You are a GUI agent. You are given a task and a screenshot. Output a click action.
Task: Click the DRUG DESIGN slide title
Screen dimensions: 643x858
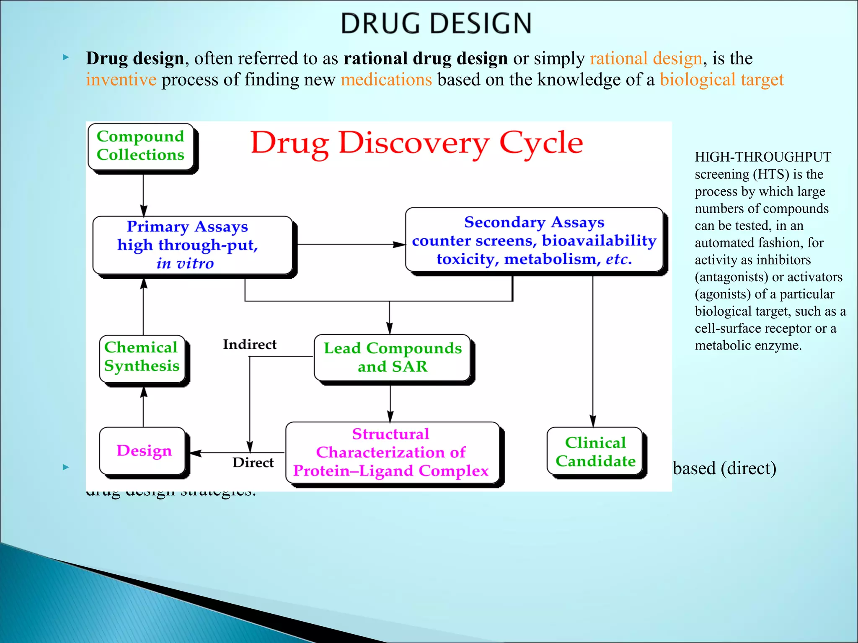click(436, 23)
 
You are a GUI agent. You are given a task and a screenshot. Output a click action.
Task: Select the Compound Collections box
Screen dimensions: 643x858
click(141, 146)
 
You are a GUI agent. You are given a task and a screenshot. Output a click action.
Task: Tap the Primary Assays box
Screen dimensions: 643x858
click(192, 245)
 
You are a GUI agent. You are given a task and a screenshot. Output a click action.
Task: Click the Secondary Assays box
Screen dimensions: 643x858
click(534, 241)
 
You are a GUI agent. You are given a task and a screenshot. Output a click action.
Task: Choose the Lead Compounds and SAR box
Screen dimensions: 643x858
click(393, 358)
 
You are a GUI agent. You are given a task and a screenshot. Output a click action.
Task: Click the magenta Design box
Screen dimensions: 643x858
click(143, 451)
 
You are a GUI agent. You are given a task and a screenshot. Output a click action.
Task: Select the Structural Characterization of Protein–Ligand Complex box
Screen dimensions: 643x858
click(392, 453)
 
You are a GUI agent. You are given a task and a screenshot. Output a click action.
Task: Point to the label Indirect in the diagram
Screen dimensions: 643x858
click(250, 345)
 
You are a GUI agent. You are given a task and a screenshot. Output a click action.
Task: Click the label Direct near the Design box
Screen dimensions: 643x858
click(253, 463)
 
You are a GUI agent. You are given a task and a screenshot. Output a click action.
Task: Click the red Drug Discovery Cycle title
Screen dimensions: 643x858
click(416, 143)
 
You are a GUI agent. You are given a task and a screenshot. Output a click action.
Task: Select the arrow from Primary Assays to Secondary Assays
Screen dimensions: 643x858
click(350, 244)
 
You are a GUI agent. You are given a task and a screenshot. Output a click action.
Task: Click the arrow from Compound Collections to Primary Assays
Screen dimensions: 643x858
click(143, 195)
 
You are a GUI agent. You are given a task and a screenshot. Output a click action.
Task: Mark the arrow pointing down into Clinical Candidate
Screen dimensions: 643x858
click(592, 356)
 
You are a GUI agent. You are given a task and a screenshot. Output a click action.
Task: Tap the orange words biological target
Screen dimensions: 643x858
click(721, 80)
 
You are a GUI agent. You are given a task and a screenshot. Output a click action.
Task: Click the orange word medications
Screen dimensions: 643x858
click(386, 80)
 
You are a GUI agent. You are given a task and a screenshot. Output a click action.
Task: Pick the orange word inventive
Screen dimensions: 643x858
click(121, 80)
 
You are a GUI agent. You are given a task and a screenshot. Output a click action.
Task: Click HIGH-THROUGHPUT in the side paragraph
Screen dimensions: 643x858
click(763, 157)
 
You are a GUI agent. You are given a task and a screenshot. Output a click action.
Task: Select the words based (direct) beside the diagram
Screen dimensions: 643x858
click(724, 468)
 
